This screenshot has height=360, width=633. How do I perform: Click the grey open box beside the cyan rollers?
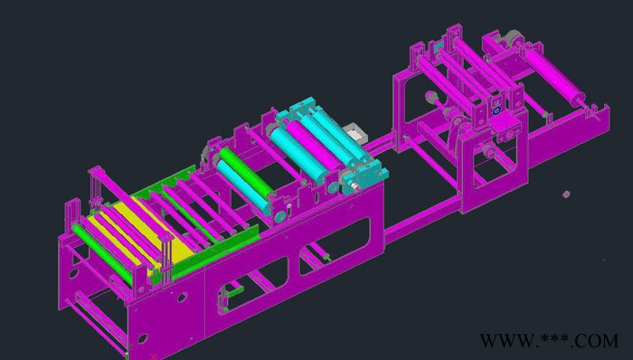click(354, 132)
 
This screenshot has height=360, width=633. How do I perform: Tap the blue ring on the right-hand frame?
click(496, 110)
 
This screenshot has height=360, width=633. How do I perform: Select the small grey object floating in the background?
click(566, 194)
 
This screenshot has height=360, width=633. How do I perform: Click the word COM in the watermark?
click(599, 341)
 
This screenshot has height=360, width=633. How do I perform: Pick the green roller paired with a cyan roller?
click(246, 172)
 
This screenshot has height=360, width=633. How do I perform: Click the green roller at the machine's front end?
click(102, 254)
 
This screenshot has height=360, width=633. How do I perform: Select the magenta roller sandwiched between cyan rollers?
click(314, 147)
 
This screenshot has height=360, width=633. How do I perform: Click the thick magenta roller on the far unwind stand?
click(553, 75)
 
